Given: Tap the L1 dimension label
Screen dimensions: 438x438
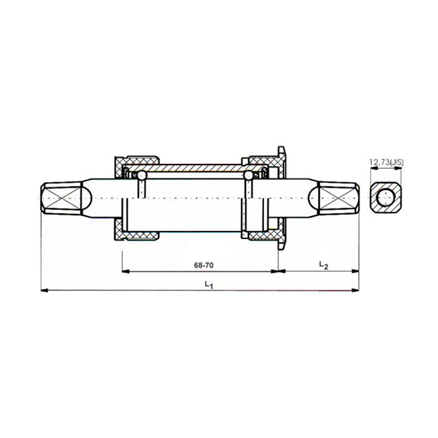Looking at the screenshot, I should pos(209,285).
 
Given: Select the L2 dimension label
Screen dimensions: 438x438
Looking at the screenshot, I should pos(323,265).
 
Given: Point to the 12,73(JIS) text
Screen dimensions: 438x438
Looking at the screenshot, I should pos(387,163).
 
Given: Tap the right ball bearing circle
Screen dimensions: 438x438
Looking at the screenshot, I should pos(249,176).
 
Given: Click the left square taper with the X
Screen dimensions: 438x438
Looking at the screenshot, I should pos(63,197).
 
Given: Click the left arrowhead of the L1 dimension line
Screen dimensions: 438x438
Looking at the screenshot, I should pos(43,290).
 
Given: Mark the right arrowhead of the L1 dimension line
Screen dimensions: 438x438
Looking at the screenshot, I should pos(355,290).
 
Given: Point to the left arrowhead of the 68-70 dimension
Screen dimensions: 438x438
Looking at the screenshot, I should pos(125,271).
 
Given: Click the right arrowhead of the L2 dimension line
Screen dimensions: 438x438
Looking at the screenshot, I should pos(355,271).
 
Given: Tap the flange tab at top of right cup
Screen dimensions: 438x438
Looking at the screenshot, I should pos(282,153).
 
